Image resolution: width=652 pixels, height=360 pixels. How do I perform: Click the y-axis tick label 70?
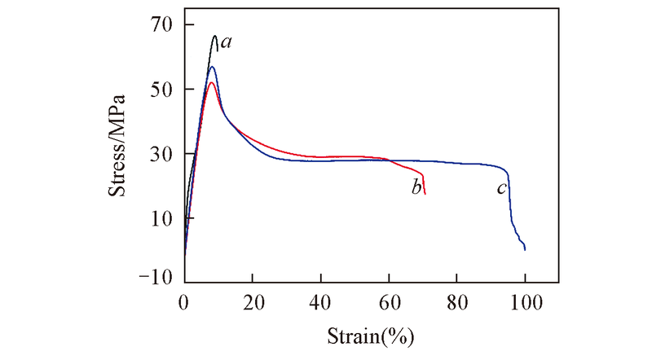[161, 24]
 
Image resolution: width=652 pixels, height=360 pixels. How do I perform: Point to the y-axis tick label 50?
[161, 89]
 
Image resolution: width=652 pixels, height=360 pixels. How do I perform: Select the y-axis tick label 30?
[161, 154]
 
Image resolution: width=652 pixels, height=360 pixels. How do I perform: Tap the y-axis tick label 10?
[161, 218]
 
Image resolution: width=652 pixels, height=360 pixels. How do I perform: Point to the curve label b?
[416, 188]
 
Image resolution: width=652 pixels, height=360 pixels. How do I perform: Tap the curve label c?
[502, 188]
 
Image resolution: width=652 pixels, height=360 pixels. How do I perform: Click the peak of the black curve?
[215, 36]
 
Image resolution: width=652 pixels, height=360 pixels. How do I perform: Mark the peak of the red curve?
[211, 82]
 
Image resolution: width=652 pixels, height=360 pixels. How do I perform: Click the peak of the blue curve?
[212, 66]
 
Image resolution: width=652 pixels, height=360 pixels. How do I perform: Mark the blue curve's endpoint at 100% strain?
[525, 249]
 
